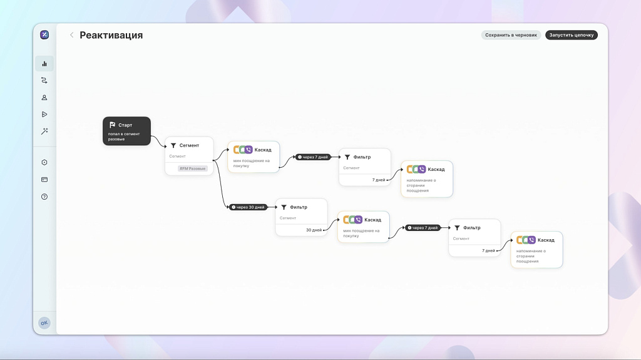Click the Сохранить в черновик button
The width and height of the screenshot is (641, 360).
coord(511,35)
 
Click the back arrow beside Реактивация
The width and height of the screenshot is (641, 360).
coord(71,35)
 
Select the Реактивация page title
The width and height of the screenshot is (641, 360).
coord(111,35)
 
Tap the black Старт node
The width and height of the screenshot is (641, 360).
coord(126,131)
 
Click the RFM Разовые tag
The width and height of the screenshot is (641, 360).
coord(192,168)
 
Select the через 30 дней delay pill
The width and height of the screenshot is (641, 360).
coord(249,207)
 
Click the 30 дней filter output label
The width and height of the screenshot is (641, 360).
coord(314,230)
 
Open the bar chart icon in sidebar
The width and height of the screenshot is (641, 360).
coord(44,63)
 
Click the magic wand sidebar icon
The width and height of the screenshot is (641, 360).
coord(44,131)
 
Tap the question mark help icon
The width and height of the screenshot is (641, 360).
coord(44,197)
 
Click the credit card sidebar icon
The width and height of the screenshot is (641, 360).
coord(44,180)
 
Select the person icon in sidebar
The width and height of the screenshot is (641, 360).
coord(44,97)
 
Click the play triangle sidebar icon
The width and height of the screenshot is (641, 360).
coord(44,114)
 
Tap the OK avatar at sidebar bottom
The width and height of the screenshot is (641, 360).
coord(44,323)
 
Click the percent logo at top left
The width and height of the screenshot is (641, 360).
coord(44,34)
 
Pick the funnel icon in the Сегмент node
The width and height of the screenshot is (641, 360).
coord(173,145)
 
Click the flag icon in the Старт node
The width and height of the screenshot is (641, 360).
coord(112,125)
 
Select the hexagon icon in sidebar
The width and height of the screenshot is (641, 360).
coord(44,163)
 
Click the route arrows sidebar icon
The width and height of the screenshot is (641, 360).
coord(44,80)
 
